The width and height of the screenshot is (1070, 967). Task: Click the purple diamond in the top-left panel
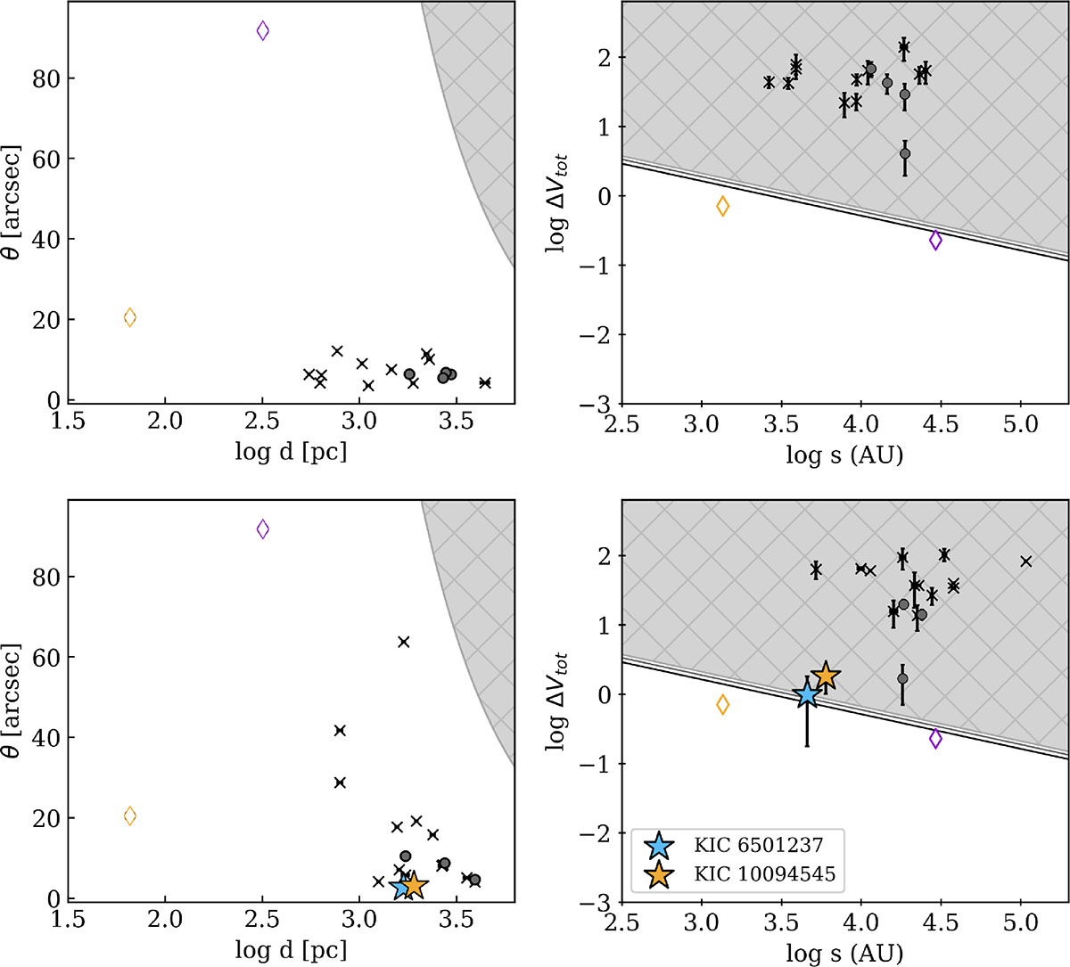point(262,31)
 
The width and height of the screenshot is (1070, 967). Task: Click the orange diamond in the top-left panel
point(130,317)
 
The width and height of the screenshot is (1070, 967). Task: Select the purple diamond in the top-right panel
point(935,240)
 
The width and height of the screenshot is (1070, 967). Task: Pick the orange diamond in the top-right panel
point(722,207)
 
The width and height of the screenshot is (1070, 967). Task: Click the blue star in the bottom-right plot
point(807,694)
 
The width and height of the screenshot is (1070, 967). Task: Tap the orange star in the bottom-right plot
point(826,676)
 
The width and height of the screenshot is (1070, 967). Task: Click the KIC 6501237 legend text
point(758,844)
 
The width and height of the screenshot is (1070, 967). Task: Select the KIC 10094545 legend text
point(765,874)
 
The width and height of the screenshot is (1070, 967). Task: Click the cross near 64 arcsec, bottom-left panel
point(403,642)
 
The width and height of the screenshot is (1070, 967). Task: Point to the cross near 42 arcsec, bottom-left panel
point(340,731)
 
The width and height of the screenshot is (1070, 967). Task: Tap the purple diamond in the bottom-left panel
point(262,529)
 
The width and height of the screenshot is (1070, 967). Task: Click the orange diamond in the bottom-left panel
point(130,815)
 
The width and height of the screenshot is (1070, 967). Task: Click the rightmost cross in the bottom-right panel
point(1026,561)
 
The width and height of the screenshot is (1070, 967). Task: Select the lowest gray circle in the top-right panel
point(905,153)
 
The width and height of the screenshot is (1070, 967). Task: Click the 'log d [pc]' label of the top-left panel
point(291,452)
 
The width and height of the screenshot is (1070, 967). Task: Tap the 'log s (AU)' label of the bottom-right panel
point(844,953)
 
